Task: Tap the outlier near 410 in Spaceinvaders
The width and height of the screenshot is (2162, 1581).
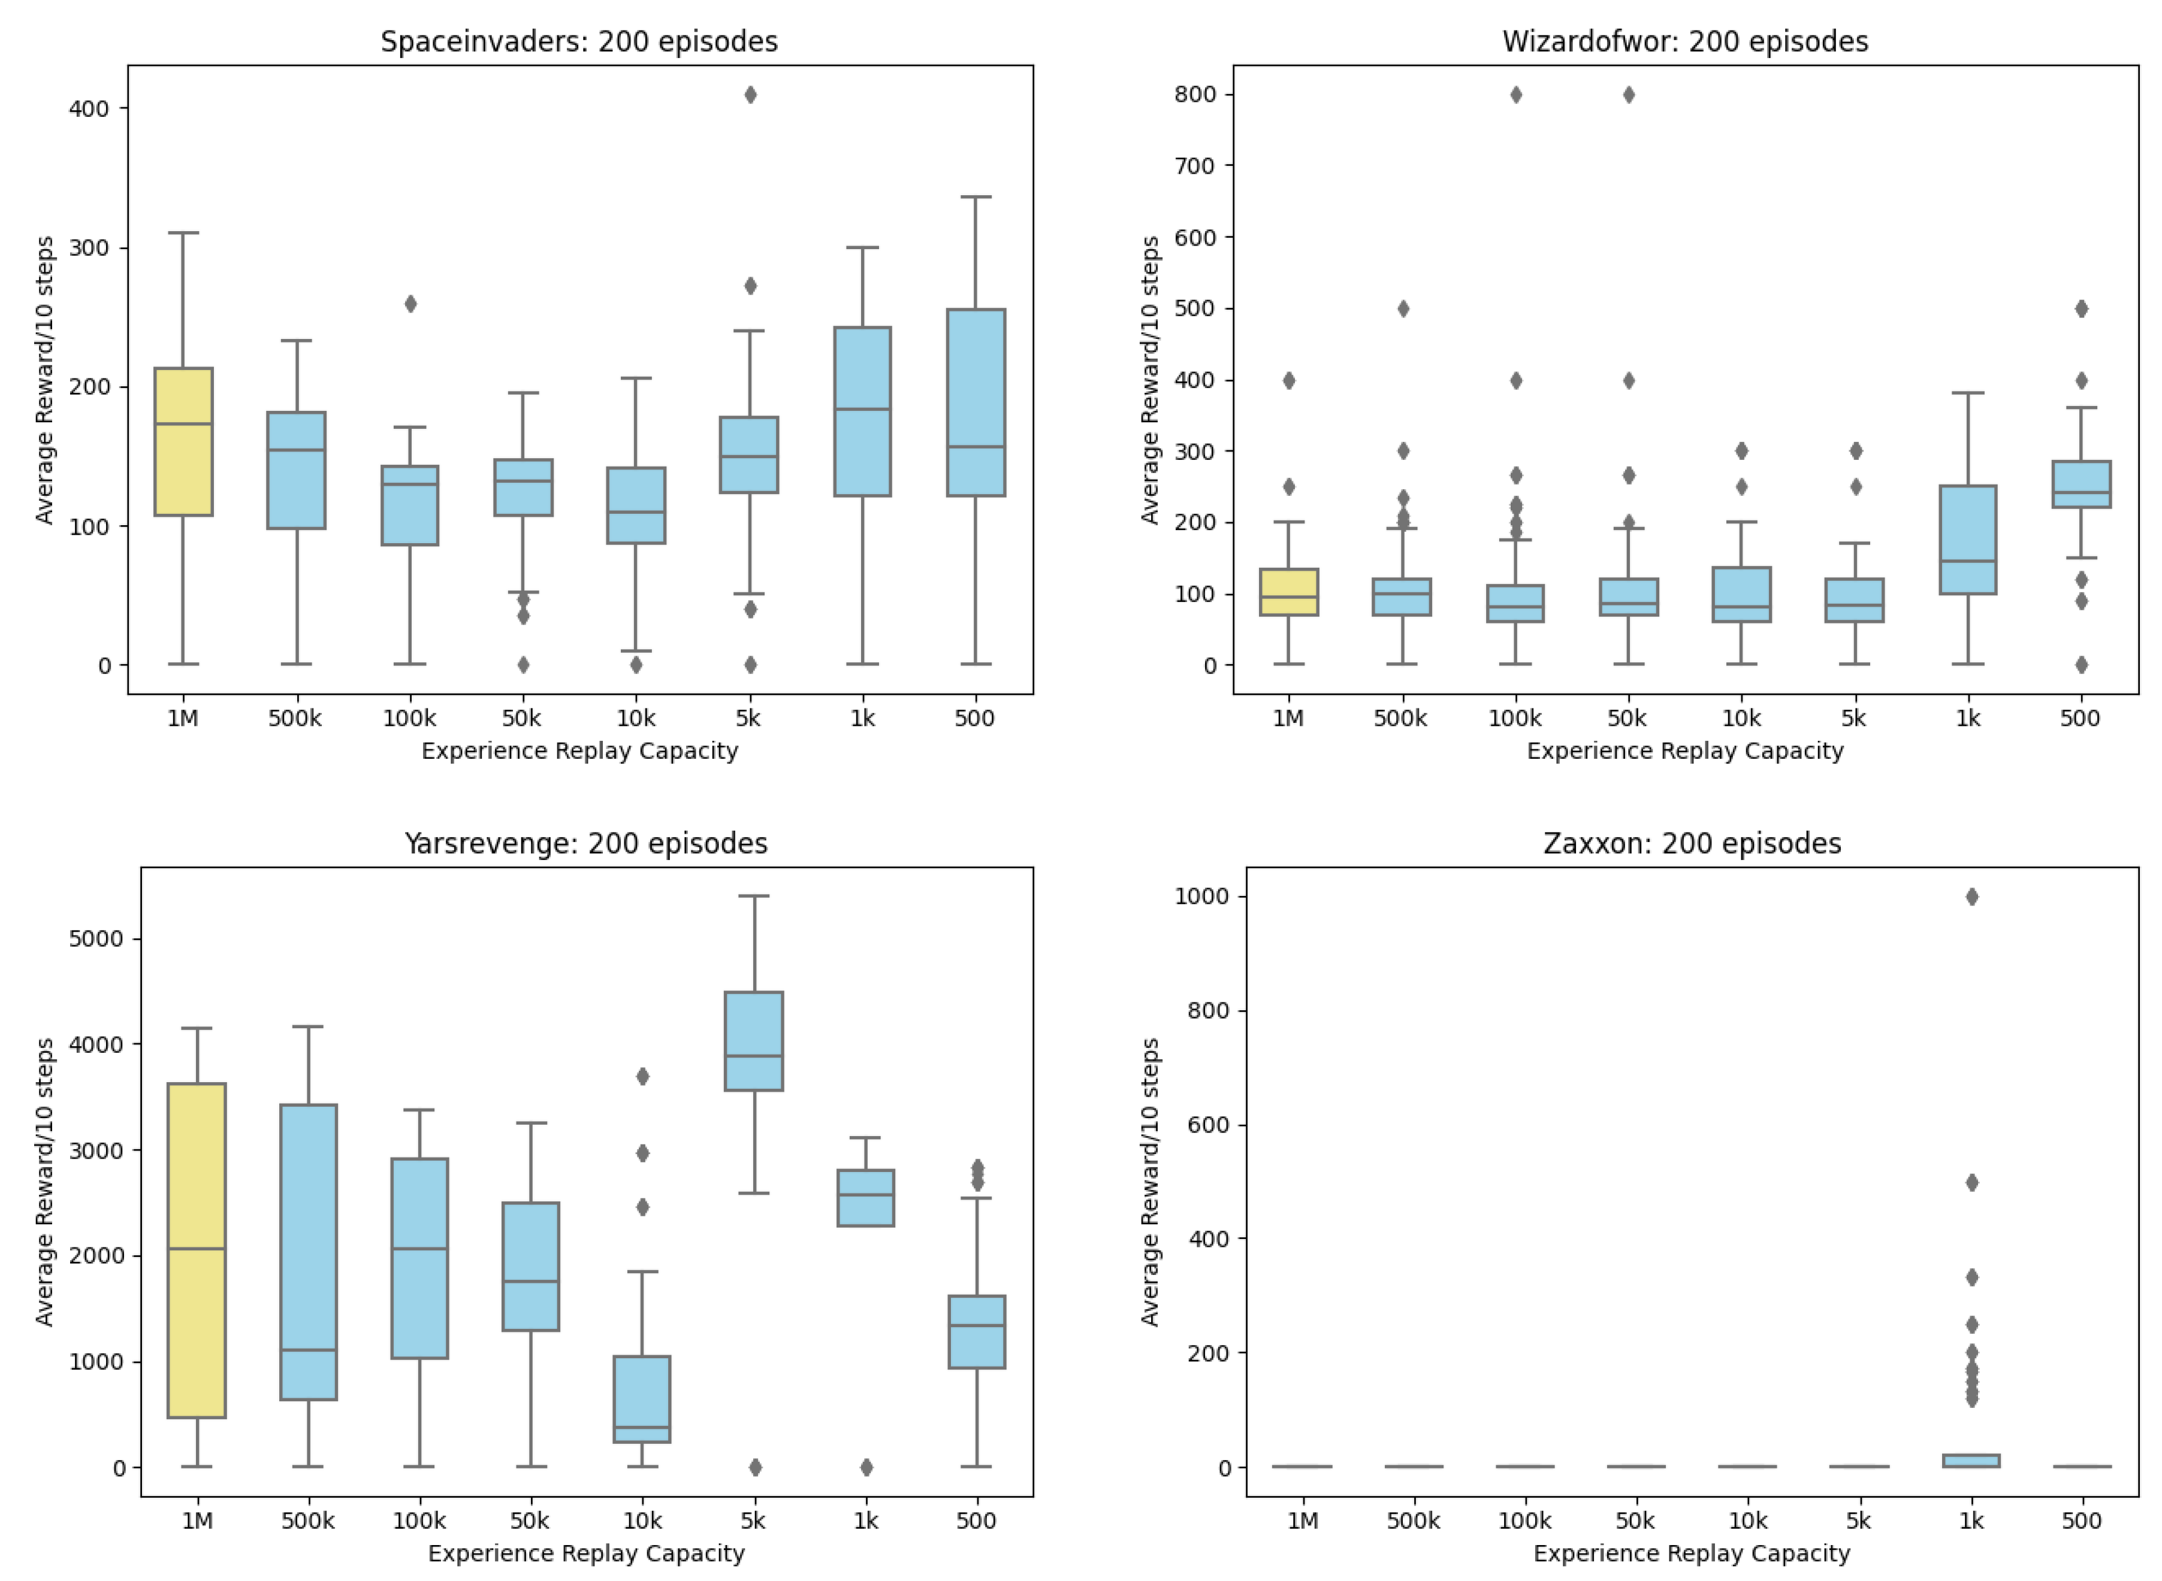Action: point(751,95)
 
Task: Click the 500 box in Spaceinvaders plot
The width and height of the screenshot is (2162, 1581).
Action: point(976,402)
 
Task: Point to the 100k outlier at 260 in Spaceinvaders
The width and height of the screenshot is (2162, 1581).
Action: point(410,304)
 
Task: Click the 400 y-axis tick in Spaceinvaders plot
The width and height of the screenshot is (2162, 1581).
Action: point(88,109)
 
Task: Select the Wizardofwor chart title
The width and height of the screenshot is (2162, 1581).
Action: point(1684,42)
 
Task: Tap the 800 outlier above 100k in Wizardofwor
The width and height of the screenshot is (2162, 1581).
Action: point(1515,95)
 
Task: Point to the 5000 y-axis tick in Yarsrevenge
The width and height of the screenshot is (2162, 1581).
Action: point(96,939)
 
